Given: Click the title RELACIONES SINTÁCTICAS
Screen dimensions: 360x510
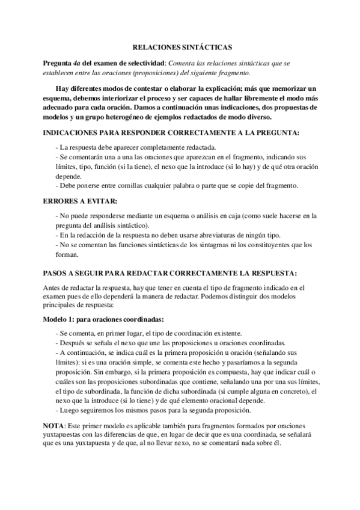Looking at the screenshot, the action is click(x=181, y=46).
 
